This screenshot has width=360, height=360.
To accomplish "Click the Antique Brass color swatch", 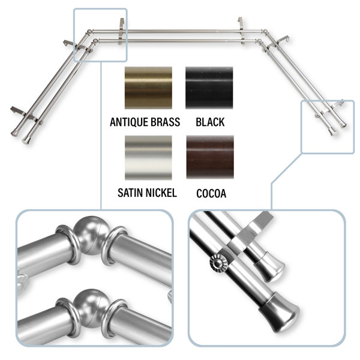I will click(148, 88).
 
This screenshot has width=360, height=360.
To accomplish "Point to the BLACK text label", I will click(210, 122).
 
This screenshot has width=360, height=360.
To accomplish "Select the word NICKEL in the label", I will click(161, 193).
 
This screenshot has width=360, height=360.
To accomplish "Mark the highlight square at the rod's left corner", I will click(100, 35).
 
